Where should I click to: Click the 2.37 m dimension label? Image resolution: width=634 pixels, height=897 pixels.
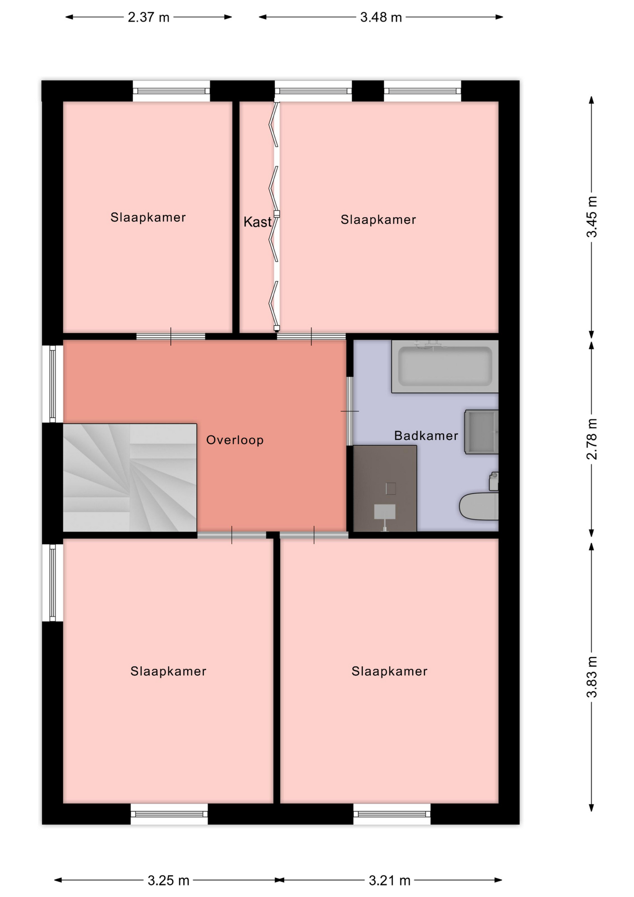[x=148, y=17]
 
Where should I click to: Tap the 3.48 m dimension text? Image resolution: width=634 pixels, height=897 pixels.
[x=381, y=17]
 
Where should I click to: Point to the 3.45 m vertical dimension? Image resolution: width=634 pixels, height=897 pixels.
[x=592, y=217]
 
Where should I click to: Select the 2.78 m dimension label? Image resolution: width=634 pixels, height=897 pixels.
[x=592, y=439]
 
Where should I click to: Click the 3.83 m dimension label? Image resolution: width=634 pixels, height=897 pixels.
[x=592, y=677]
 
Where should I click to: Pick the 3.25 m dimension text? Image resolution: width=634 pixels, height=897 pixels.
[x=169, y=881]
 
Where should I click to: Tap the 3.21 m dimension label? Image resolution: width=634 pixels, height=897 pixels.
[x=389, y=881]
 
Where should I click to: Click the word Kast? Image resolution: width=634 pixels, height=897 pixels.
[x=257, y=221]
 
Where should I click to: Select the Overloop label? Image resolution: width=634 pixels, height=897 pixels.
[x=235, y=440]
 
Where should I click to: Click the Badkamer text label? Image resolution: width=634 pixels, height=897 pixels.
[x=426, y=436]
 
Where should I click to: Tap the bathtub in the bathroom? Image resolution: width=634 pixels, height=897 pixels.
[x=445, y=366]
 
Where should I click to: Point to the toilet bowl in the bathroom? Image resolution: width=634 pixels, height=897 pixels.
[x=479, y=506]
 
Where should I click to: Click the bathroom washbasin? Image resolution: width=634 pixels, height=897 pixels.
[x=481, y=432]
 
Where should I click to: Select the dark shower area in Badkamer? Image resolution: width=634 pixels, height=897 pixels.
[x=385, y=488]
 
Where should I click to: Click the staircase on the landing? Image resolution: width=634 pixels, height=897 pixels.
[x=130, y=477]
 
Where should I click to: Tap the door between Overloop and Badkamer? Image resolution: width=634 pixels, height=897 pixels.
[x=350, y=411]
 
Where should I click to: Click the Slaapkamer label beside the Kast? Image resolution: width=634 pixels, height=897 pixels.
[x=378, y=220]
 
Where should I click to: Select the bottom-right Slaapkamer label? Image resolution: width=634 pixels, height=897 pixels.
[x=389, y=671]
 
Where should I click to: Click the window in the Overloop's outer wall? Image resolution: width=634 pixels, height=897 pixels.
[x=53, y=384]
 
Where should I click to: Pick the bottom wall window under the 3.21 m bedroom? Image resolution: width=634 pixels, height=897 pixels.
[x=392, y=814]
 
